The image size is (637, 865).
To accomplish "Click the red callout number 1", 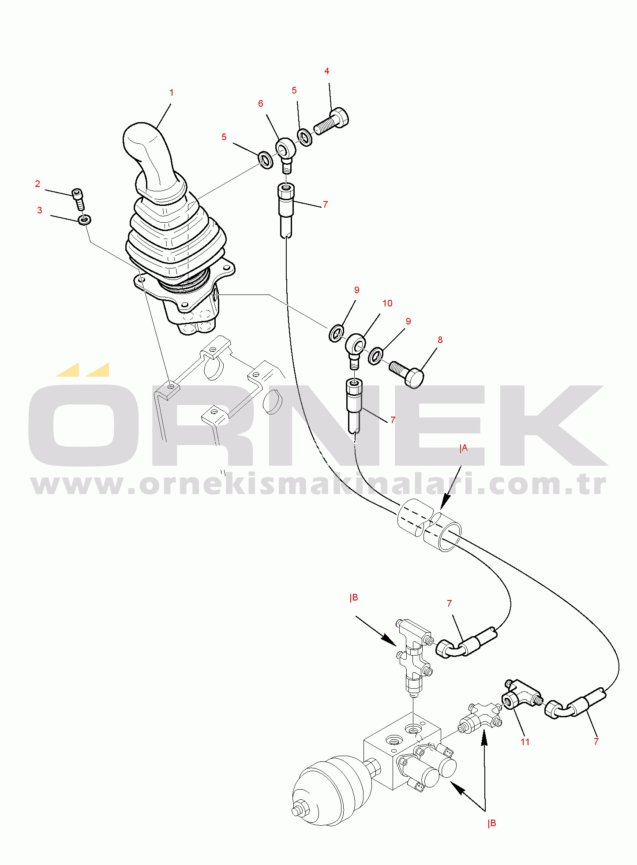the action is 172,93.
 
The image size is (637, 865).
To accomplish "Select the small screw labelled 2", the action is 78,199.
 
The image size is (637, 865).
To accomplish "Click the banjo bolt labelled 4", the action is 331,121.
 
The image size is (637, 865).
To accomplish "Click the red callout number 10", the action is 387,303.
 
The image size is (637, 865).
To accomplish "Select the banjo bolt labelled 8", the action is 406,373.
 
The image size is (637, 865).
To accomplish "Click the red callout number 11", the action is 525,742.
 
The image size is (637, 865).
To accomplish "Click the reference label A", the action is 464,448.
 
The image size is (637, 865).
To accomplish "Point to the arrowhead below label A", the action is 445,503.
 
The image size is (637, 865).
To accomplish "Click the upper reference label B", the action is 354,598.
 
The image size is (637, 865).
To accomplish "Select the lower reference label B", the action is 492,823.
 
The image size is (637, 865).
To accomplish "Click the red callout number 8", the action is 440,340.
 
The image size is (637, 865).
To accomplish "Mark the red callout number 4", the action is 327,71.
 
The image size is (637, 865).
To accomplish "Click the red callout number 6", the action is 261,104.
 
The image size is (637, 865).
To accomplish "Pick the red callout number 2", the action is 37,184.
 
